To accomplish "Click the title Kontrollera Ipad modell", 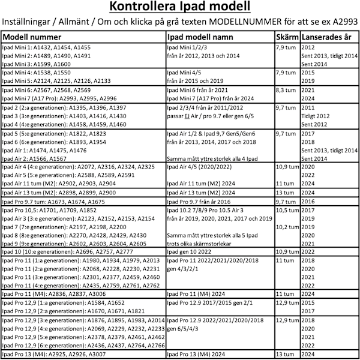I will click(x=180, y=8).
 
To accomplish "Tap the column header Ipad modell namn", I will click(x=202, y=36).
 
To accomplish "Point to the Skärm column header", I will click(x=287, y=36).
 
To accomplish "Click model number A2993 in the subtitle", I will click(x=343, y=23).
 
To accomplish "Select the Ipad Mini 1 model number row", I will click(x=47, y=47).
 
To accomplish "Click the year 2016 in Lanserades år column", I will click(x=308, y=203).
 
